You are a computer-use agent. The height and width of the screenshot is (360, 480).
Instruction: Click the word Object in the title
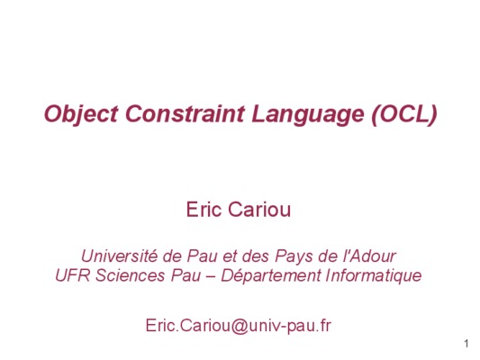coord(81,114)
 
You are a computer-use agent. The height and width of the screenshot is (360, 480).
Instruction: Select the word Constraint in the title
coord(185,113)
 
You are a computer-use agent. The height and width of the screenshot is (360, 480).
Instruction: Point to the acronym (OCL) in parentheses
coord(404,114)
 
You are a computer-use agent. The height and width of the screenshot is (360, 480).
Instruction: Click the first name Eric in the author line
coord(204,210)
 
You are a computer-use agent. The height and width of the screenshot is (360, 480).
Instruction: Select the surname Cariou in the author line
coord(259,210)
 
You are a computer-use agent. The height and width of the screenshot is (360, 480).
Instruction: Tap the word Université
coord(119,256)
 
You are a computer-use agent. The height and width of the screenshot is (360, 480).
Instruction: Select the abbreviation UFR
coord(73,275)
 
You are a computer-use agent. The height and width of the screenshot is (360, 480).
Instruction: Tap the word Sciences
coord(131,275)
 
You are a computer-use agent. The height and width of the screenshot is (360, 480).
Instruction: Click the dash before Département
coord(211,276)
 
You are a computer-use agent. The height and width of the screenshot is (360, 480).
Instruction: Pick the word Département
coord(271,276)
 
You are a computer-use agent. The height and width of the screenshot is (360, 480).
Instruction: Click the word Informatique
coord(374,276)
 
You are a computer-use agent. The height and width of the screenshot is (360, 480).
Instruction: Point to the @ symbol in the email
coord(240,326)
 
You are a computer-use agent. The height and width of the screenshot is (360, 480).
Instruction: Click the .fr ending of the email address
coord(324,326)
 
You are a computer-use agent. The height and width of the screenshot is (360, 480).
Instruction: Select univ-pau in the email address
coord(283,326)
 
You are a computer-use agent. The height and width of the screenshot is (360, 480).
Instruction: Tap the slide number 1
coord(466,344)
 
